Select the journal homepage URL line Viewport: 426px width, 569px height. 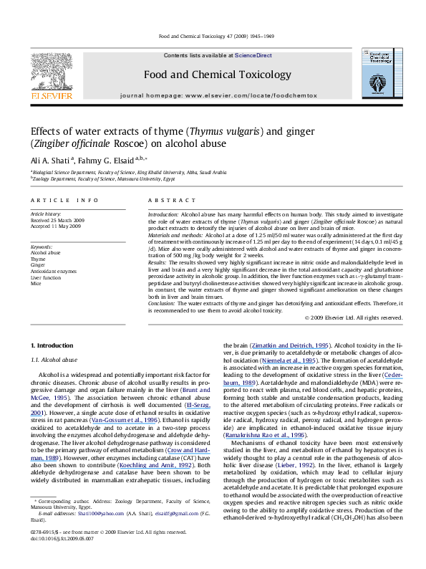213,95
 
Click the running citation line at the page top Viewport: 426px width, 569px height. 213,35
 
